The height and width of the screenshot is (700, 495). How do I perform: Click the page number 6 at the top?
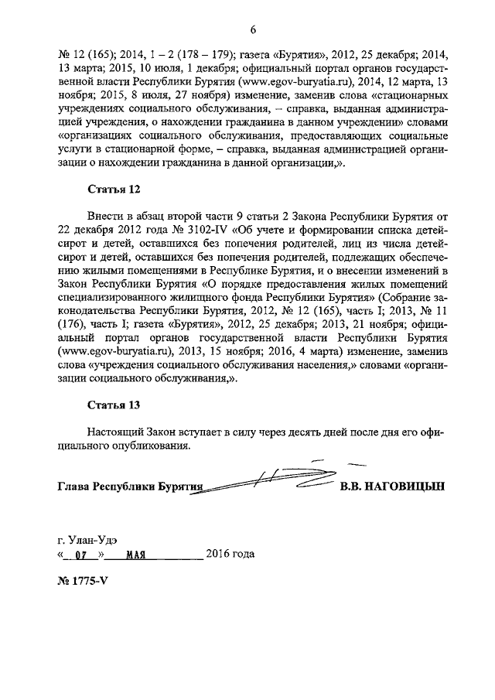point(253,30)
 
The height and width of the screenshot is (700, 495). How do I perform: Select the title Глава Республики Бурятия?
point(129,488)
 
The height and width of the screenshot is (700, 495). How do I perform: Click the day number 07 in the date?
point(79,555)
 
